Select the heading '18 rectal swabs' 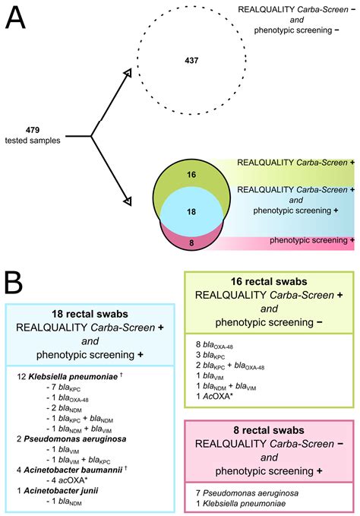point(90,315)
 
